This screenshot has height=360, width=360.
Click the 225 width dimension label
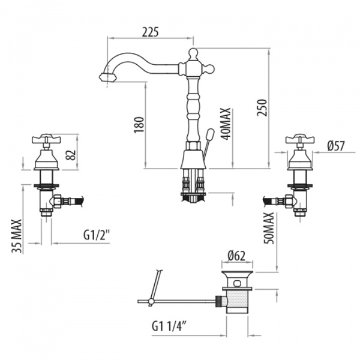click(150, 32)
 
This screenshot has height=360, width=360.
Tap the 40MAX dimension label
click(226, 124)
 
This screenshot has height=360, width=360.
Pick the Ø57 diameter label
click(336, 145)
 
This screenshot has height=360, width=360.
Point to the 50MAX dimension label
click(269, 226)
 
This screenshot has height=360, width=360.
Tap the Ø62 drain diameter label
click(238, 256)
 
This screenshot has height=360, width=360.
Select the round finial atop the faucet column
click(191, 54)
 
